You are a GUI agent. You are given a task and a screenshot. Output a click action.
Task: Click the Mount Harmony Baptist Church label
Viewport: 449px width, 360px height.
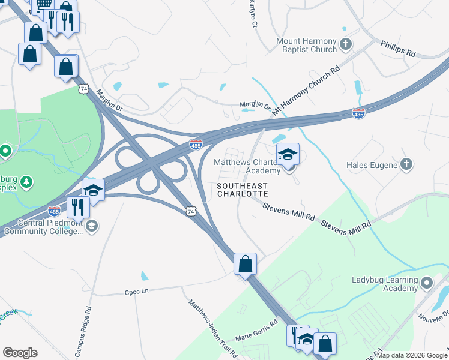(306, 46)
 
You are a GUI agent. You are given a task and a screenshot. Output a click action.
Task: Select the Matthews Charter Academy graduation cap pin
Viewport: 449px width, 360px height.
(288, 155)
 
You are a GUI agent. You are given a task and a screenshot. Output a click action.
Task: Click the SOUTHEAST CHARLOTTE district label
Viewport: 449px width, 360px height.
(241, 190)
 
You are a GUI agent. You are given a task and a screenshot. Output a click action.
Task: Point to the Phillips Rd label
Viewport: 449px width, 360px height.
(398, 49)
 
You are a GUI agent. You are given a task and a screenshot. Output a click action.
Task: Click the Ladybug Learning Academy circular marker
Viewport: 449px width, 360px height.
(427, 282)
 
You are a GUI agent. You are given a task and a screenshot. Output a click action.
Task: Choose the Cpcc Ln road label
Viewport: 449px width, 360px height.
(136, 291)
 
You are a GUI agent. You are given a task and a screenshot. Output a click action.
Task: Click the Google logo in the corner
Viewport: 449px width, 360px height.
(20, 353)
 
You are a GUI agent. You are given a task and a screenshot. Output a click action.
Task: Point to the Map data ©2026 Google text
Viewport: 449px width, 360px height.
(412, 355)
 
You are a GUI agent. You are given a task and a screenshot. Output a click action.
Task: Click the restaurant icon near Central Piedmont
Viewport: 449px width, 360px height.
(78, 207)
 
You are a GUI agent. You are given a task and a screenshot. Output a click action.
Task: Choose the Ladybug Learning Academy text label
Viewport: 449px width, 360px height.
(384, 284)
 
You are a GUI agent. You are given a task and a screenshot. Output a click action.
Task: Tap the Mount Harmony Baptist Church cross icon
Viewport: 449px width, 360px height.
(345, 44)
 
